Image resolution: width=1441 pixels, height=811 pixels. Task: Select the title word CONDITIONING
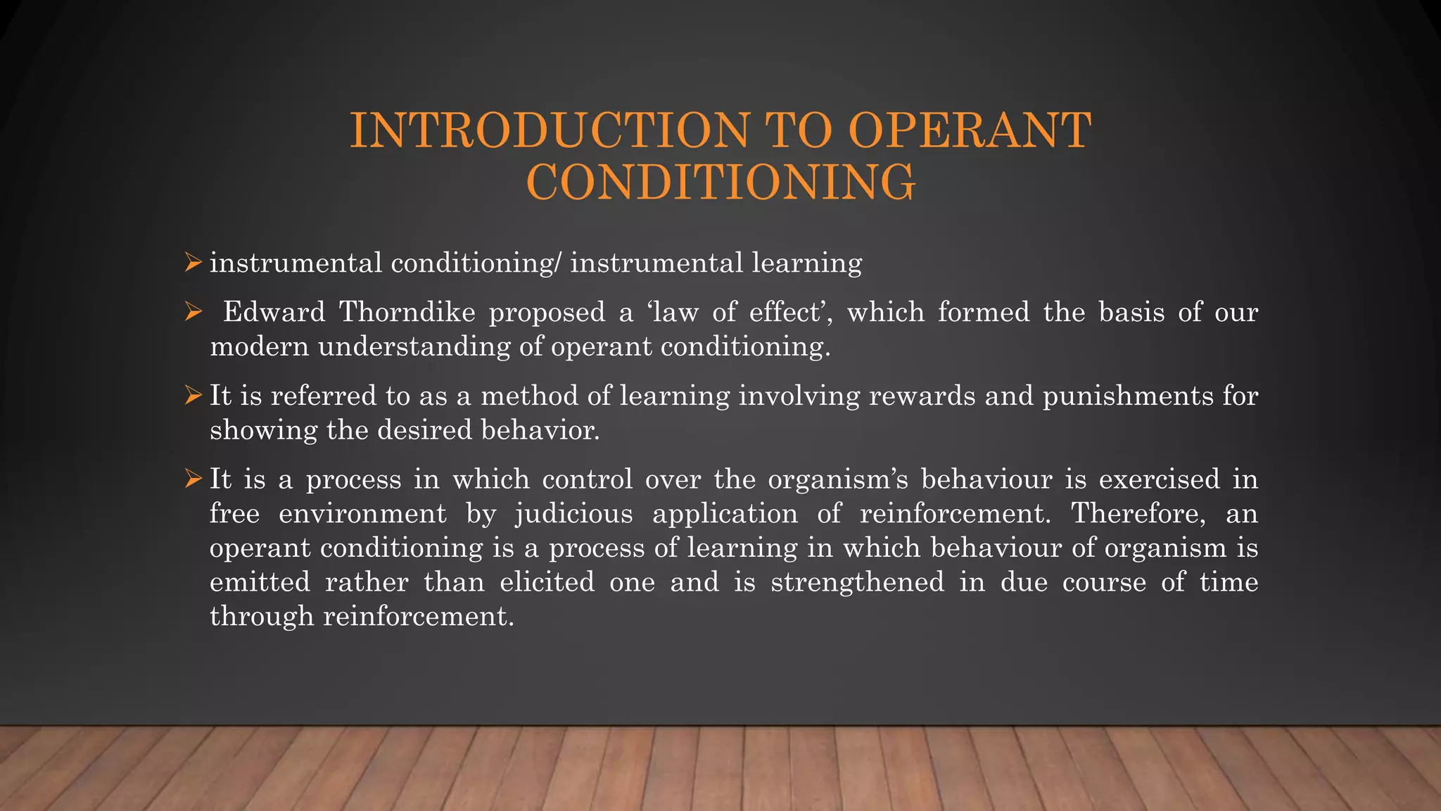click(720, 182)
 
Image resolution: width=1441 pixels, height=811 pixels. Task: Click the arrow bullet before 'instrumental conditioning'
click(193, 263)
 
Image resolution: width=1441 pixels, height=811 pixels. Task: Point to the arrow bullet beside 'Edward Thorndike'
click(193, 312)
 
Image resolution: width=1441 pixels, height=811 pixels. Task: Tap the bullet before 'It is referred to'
click(193, 396)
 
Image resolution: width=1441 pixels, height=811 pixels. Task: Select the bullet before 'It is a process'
click(193, 479)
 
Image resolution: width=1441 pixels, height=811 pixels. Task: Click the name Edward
click(274, 312)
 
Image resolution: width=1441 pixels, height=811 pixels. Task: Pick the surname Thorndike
click(407, 312)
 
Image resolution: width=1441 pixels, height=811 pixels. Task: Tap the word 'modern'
click(259, 346)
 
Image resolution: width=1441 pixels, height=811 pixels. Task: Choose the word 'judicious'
click(574, 514)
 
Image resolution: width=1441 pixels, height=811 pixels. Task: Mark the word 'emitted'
click(260, 582)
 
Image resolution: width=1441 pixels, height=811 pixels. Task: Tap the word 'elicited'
click(547, 582)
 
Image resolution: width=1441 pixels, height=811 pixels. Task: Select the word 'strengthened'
click(857, 583)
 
